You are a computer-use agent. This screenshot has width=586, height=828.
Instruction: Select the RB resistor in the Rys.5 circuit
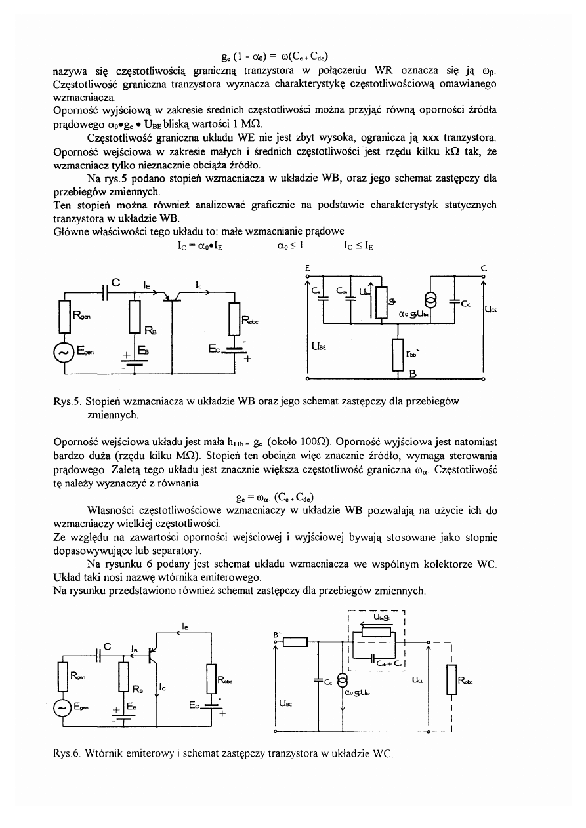pos(135,318)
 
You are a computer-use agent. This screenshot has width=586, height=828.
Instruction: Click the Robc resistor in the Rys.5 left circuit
pos(234,320)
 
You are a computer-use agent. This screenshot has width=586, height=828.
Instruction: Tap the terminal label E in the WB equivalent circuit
pos(308,267)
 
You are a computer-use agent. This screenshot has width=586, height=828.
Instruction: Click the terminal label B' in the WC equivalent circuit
pos(278,635)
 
